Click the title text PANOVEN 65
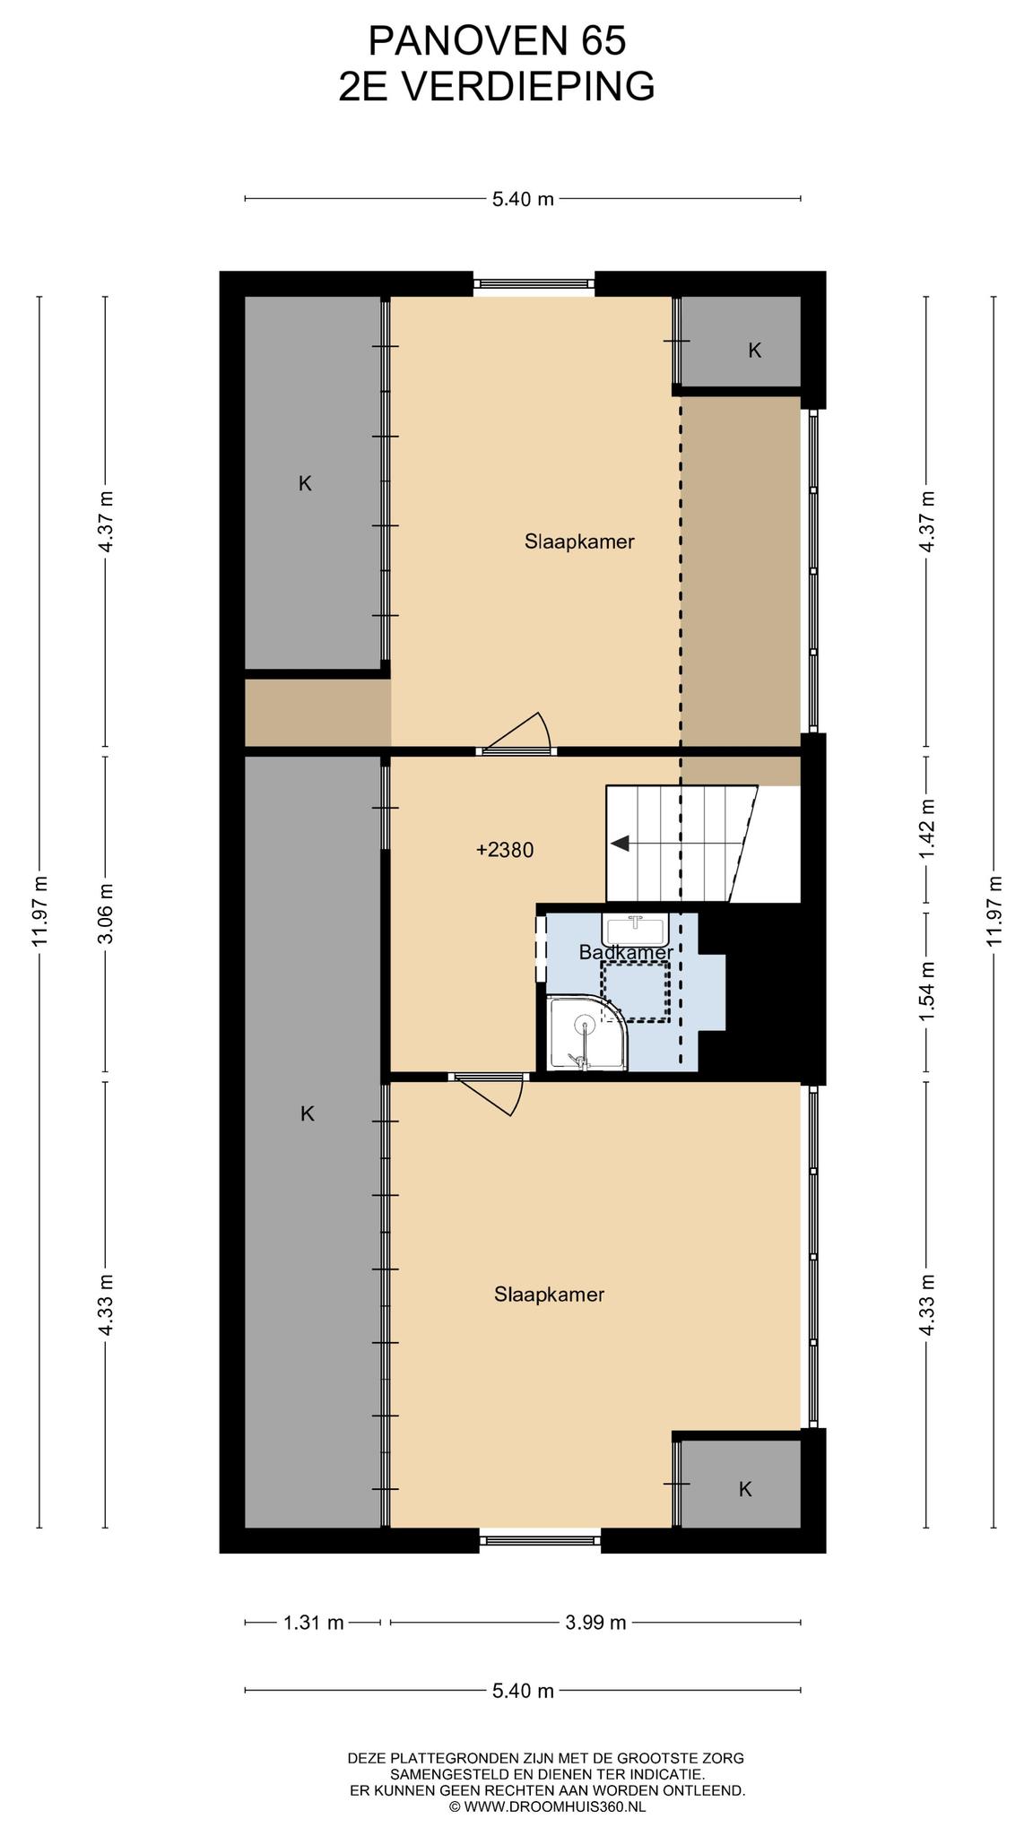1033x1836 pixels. coord(497,41)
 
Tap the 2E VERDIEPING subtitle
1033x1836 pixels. coord(497,87)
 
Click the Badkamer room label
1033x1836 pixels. coord(626,952)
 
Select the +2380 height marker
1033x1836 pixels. coord(505,850)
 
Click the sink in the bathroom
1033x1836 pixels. coord(636,928)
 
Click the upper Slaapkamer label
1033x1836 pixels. coord(579,541)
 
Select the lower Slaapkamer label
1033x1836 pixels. coord(549,1295)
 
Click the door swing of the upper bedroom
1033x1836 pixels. coord(518,731)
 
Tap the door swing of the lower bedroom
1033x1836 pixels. coord(490,1095)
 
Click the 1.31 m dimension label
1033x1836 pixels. coord(314,1622)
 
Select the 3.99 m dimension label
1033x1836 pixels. coord(595,1622)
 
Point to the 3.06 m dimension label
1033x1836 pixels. coord(106,914)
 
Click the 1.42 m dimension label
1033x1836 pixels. coord(927,829)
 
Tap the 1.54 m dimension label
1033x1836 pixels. coord(927,992)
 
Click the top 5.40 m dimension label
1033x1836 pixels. coord(523,199)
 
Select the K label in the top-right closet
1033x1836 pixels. coord(755,351)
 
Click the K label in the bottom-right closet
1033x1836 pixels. coord(745,1489)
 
